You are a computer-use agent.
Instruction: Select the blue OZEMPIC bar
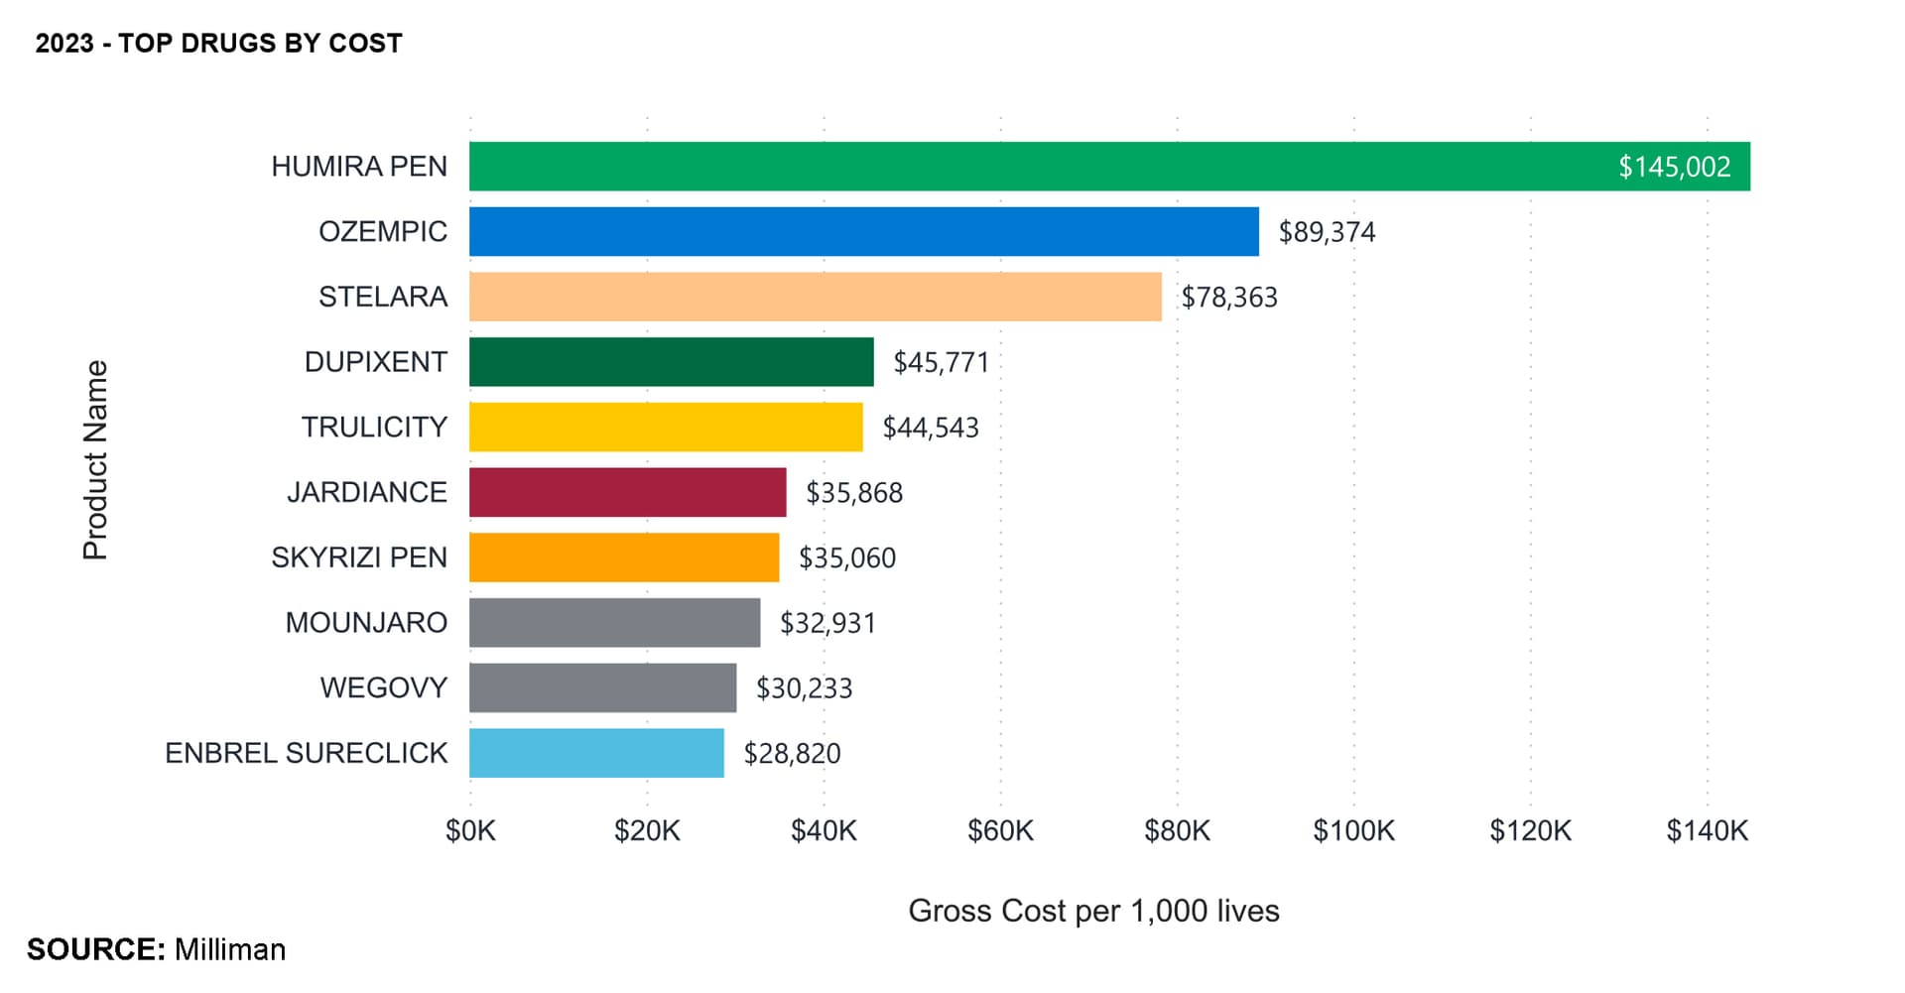(863, 232)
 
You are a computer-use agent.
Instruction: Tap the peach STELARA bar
(815, 297)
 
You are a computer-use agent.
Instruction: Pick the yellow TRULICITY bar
(666, 428)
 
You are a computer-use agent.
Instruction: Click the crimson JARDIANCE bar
(627, 492)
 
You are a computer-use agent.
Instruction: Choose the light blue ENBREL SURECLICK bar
(596, 753)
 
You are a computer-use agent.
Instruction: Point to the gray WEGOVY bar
(602, 687)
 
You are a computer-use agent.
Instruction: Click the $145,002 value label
(1674, 167)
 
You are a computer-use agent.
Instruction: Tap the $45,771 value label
(941, 362)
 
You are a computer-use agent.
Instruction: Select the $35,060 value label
(846, 558)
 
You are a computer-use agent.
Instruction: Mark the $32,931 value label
(827, 623)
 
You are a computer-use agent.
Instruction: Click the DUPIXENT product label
(375, 362)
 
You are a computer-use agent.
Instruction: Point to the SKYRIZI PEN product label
(359, 558)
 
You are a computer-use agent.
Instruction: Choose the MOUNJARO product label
(366, 623)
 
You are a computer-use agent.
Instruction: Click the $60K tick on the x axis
(1000, 830)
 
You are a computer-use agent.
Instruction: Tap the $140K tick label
(1707, 830)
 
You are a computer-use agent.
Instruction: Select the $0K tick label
(470, 830)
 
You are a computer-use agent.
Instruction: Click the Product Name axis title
(95, 460)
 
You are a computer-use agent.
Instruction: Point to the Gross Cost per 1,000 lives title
(1093, 911)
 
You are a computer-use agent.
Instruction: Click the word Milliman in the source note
(230, 949)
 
